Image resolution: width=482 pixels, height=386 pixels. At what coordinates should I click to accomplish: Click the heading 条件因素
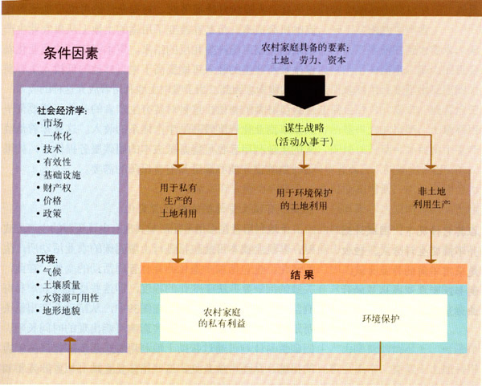pyautogui.click(x=71, y=54)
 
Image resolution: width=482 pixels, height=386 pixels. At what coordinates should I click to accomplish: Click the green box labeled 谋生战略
pyautogui.click(x=304, y=133)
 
